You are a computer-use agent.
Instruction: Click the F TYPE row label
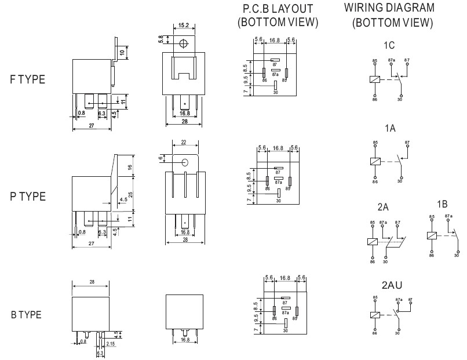click(27, 80)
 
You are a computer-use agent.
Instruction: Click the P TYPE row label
click(27, 196)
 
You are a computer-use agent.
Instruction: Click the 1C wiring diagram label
click(389, 45)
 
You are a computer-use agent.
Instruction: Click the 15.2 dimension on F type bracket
click(184, 26)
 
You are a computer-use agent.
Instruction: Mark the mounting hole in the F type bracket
click(184, 43)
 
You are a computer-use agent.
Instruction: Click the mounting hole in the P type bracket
click(185, 163)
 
